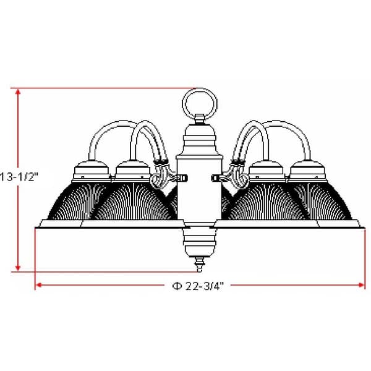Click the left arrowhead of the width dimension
(38, 285)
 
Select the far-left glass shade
(65, 201)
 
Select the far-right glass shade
(331, 201)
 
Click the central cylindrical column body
(198, 185)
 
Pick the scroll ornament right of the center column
(238, 179)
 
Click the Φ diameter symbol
(176, 285)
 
